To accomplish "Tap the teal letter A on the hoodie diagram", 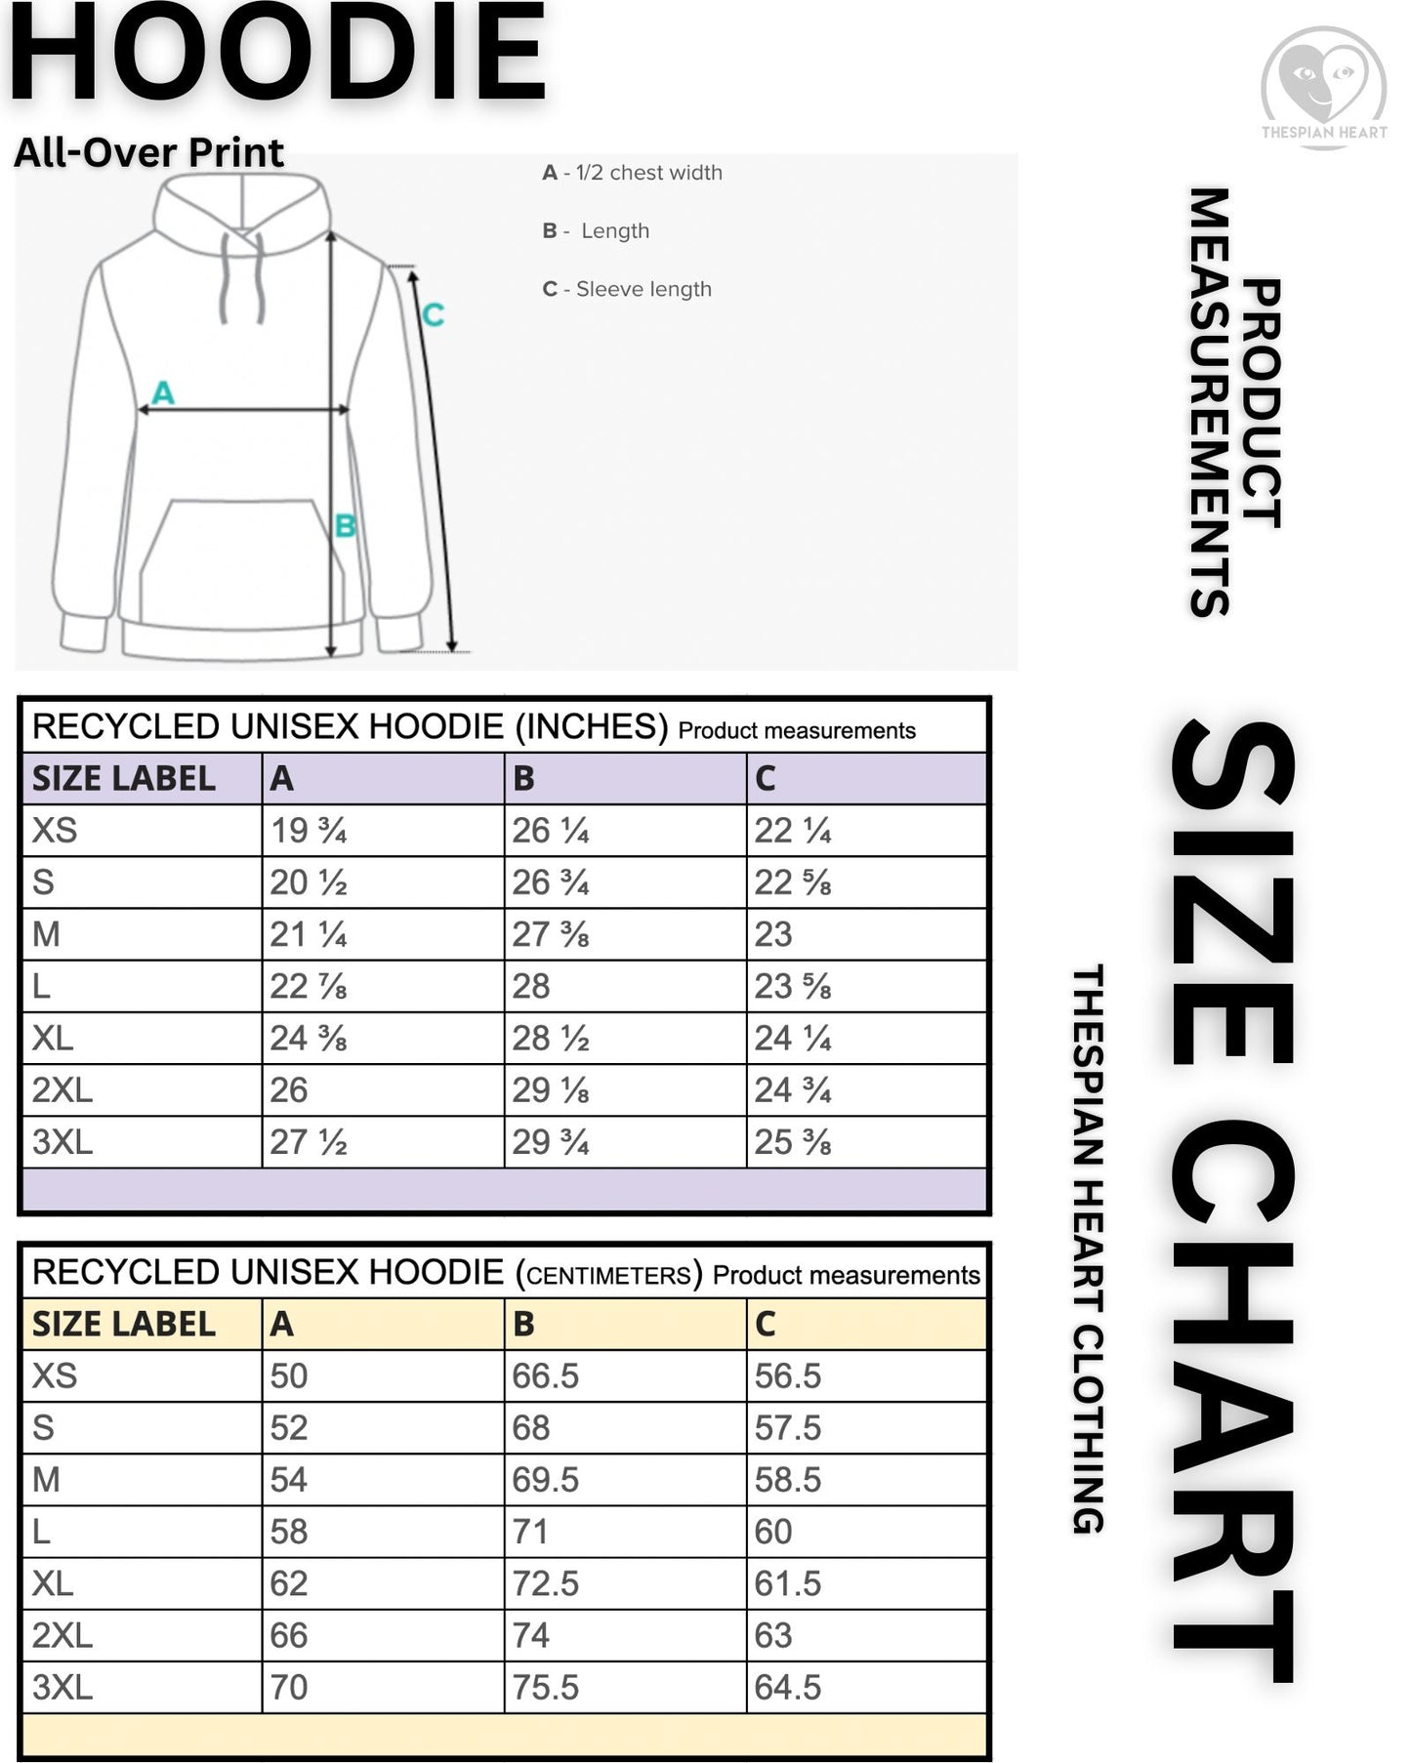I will tap(163, 392).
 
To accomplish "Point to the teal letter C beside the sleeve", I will tap(433, 314).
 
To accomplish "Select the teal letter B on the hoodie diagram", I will tap(345, 526).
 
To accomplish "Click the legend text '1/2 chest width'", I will tap(648, 173).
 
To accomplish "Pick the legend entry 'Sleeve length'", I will tap(643, 289).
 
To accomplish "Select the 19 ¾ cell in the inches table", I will tap(309, 831).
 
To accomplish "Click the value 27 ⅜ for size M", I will tap(551, 934).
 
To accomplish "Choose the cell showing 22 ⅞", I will tap(309, 986).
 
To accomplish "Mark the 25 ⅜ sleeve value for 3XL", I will tap(792, 1142).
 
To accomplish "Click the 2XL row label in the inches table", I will tap(62, 1089).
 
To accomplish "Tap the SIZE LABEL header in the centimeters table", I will tap(124, 1324).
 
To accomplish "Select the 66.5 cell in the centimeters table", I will tap(546, 1375).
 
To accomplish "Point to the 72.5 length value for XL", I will tap(546, 1583).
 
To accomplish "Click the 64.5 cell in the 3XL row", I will tap(788, 1687).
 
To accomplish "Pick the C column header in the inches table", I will tap(766, 778).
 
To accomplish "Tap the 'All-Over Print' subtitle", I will tap(148, 152).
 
